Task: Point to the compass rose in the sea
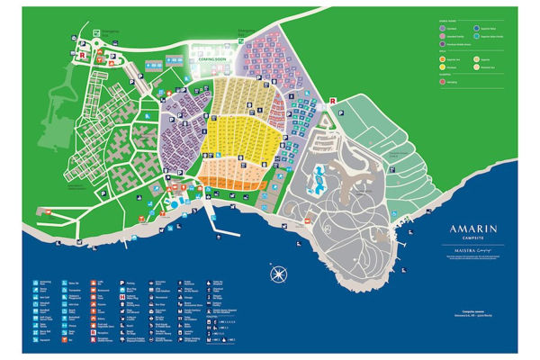[x=278, y=273]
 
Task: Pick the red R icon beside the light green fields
[x=333, y=101]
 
